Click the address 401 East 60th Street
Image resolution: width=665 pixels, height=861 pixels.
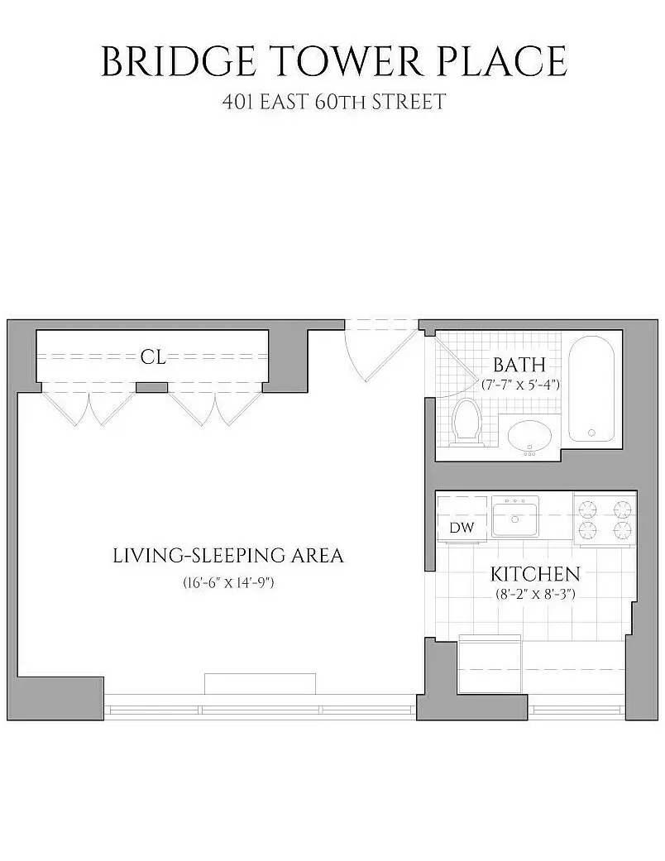click(x=333, y=103)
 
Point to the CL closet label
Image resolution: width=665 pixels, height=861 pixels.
click(x=153, y=357)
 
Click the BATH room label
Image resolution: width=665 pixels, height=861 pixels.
click(x=519, y=365)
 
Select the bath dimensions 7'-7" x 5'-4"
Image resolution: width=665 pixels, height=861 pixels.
click(x=521, y=385)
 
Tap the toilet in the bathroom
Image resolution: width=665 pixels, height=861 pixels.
click(x=468, y=422)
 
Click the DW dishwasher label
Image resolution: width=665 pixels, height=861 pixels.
click(x=462, y=528)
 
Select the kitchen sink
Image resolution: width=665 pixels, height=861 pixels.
click(x=514, y=517)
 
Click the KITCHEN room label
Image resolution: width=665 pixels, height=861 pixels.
click(x=535, y=574)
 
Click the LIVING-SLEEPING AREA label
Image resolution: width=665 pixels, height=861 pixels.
click(x=227, y=556)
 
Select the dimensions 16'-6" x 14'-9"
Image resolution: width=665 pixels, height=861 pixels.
click(x=227, y=583)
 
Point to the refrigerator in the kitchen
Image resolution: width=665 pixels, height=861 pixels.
click(x=489, y=664)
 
